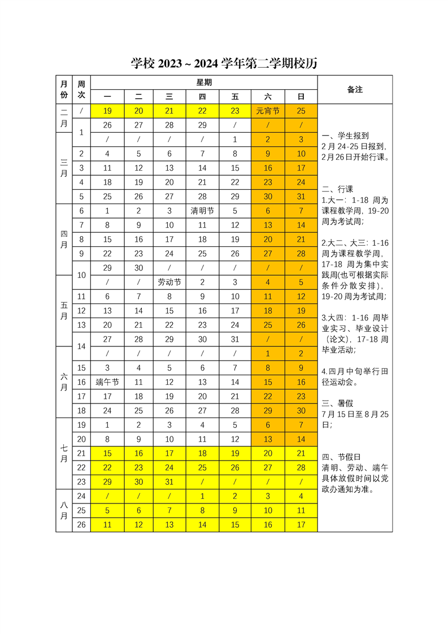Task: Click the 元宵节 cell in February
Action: (x=268, y=111)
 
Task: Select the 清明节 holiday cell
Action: (x=202, y=211)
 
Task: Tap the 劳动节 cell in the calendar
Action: (x=169, y=282)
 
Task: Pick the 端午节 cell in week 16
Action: (x=107, y=382)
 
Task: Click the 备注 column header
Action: (x=355, y=89)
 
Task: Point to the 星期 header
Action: (x=204, y=82)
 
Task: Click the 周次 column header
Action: (x=81, y=89)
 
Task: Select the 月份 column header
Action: (x=64, y=89)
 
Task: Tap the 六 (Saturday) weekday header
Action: (x=268, y=97)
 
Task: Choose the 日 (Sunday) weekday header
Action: (x=301, y=97)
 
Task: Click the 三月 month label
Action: (x=64, y=168)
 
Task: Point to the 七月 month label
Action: (x=64, y=453)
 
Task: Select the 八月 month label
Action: (x=64, y=510)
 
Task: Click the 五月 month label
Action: (x=64, y=310)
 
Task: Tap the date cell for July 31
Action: (x=169, y=481)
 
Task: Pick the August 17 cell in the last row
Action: (x=301, y=524)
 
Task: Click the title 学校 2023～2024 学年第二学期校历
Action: (x=224, y=64)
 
